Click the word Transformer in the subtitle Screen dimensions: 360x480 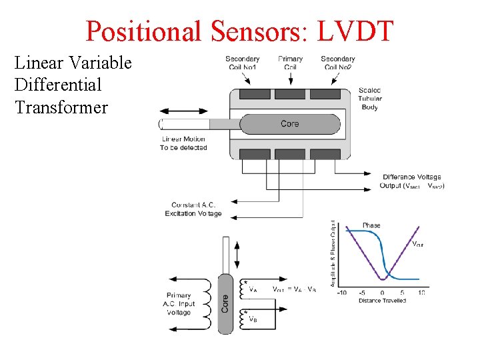[x=61, y=107]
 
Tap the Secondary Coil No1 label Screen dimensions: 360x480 [x=243, y=63]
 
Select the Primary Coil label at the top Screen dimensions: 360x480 [x=290, y=63]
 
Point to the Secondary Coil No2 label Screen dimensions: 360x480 [x=337, y=63]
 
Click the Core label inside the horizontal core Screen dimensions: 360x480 [x=290, y=124]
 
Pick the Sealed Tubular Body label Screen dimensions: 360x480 [x=370, y=99]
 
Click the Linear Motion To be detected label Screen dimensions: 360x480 [x=183, y=143]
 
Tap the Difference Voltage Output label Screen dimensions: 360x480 [x=412, y=181]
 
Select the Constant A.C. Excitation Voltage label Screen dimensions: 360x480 [x=193, y=209]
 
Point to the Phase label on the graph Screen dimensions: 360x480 [x=371, y=225]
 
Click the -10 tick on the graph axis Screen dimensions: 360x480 [x=341, y=292]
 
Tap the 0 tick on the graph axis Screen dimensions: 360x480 [x=382, y=292]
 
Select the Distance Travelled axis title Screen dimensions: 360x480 [x=381, y=301]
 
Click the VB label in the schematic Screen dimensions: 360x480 [x=253, y=319]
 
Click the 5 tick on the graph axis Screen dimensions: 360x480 [x=402, y=292]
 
